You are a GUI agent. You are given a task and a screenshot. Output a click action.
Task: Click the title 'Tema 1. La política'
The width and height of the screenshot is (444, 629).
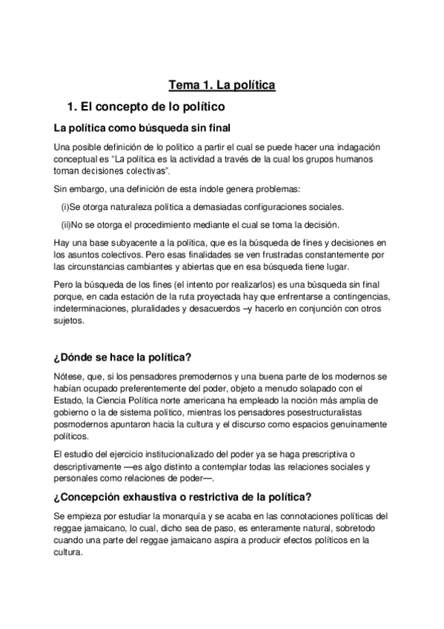(x=222, y=85)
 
